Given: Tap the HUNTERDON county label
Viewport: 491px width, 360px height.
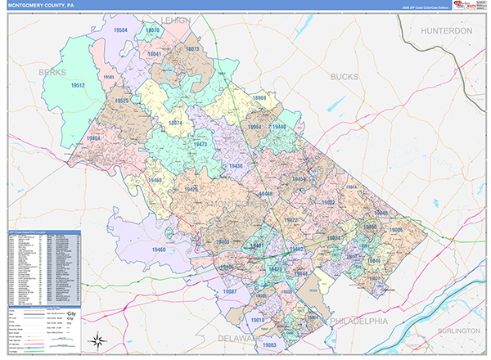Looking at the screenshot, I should pos(448,30).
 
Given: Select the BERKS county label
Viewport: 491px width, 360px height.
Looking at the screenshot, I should pos(52,72).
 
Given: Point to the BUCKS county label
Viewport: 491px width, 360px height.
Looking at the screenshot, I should pos(345,76).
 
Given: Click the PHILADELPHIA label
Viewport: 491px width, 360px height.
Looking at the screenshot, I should pos(358,322).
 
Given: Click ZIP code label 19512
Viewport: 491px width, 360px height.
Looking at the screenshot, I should pos(79,85).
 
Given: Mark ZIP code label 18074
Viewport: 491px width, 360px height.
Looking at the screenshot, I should pos(174,123).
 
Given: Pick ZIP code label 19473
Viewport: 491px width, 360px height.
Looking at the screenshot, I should pos(200,144).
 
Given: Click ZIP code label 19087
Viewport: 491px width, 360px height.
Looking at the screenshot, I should pos(230,291).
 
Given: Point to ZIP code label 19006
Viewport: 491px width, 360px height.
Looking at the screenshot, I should pos(396,231).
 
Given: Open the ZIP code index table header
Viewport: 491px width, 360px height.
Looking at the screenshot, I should pos(44,233).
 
